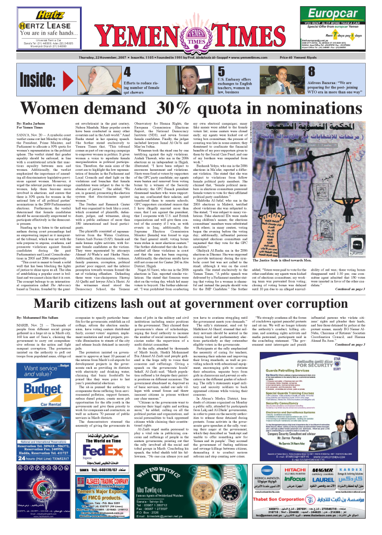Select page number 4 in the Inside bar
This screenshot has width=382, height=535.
pyautogui.click(x=126, y=72)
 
